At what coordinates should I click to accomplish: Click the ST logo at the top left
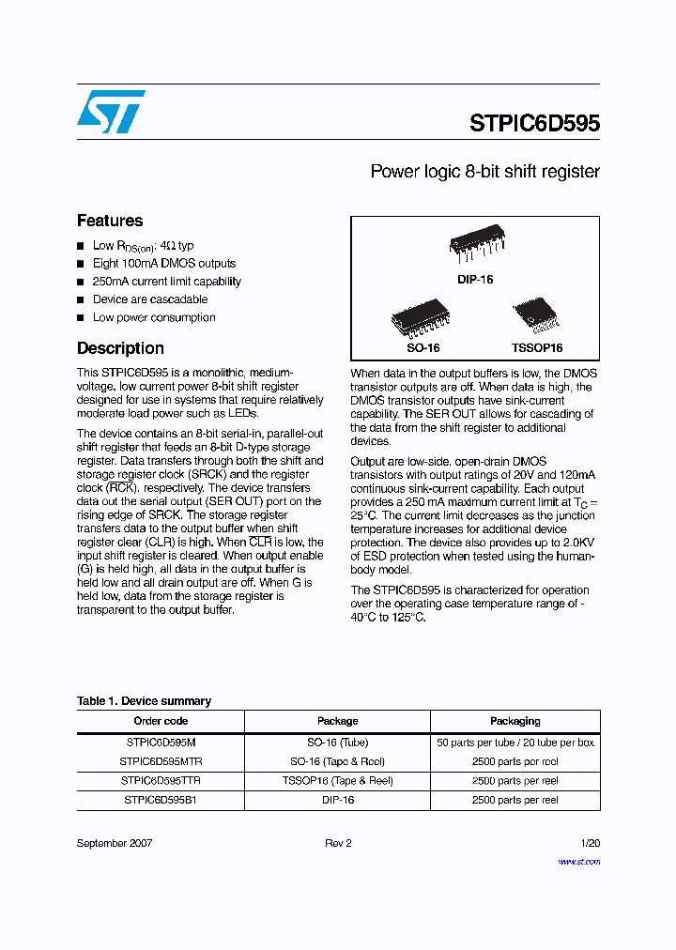111,112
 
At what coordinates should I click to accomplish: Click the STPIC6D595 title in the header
533,124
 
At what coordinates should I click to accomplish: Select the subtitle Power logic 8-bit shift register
484,172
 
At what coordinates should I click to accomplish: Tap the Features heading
110,221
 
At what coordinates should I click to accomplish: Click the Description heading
120,348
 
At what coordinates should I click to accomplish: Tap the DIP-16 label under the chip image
475,280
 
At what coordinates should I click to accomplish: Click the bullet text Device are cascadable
150,299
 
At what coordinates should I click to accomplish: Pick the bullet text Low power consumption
154,317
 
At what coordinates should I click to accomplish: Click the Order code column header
161,721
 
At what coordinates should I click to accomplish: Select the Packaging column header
515,721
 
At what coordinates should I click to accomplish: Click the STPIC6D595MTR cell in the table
161,761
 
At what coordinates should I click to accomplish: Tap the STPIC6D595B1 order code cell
161,800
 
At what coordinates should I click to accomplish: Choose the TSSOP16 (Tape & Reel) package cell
337,780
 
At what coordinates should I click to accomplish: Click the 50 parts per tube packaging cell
515,743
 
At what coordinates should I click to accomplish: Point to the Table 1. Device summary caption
144,701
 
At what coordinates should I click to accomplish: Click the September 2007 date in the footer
114,843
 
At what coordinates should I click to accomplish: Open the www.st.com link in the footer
578,861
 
